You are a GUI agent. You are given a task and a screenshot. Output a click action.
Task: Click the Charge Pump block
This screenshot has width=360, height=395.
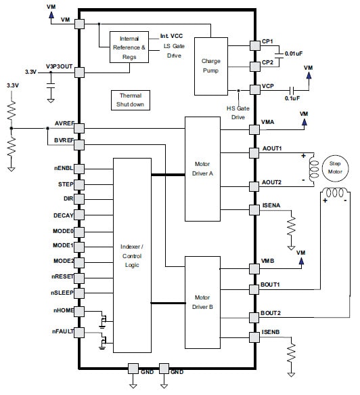coord(210,66)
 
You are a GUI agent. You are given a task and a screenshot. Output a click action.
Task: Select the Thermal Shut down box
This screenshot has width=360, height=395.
coord(130,100)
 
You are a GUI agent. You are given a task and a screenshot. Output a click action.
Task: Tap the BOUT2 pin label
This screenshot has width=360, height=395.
coord(271,314)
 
